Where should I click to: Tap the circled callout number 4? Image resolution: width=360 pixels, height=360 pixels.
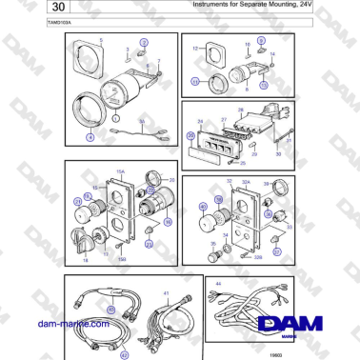90,137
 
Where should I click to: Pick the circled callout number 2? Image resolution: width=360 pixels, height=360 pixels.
144,44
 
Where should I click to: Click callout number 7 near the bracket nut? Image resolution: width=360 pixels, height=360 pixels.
160,61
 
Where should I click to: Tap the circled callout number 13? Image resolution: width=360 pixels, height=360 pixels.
196,83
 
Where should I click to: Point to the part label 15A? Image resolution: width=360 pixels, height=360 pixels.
120,172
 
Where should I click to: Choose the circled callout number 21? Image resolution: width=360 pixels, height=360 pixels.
77,201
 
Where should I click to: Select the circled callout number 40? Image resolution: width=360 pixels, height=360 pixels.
201,207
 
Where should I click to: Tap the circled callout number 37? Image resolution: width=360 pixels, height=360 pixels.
276,253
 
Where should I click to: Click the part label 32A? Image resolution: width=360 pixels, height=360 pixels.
246,181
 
